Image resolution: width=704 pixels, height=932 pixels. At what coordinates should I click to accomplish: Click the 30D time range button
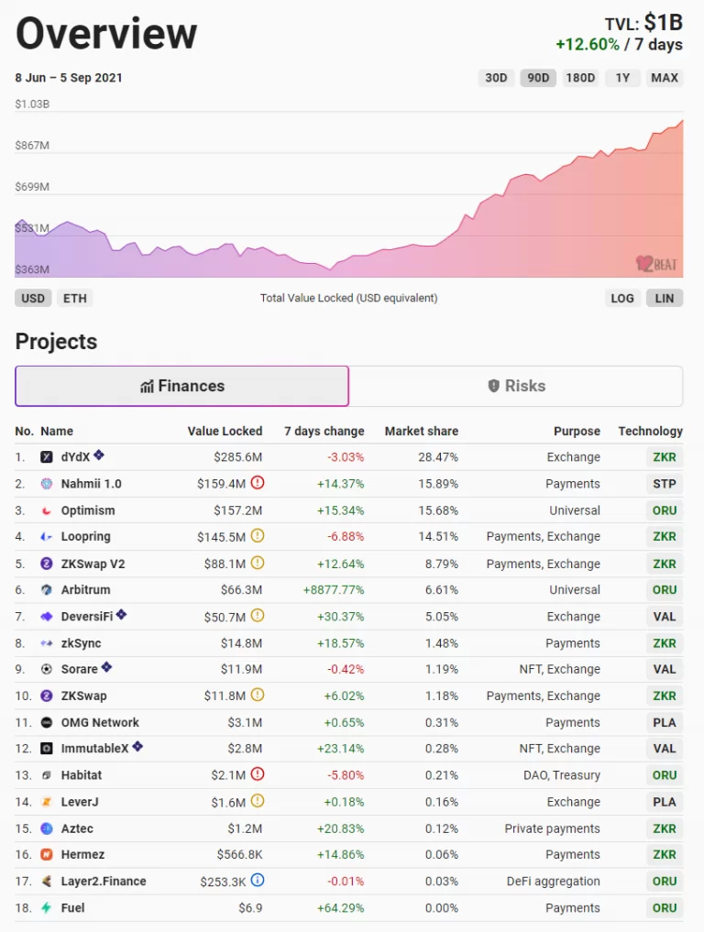[x=496, y=78]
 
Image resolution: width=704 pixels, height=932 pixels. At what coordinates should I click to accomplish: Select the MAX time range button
[x=665, y=78]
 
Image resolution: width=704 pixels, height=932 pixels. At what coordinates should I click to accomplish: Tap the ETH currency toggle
[x=74, y=298]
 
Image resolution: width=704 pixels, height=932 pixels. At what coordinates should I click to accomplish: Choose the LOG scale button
[x=622, y=298]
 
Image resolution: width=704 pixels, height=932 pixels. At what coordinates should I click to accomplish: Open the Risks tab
[x=516, y=386]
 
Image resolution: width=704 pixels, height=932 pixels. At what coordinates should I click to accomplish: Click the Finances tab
[x=181, y=386]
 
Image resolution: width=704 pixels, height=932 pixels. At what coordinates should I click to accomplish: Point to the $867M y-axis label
[x=32, y=146]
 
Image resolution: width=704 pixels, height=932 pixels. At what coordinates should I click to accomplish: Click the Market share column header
[x=421, y=431]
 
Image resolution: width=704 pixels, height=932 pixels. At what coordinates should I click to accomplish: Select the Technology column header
[x=650, y=431]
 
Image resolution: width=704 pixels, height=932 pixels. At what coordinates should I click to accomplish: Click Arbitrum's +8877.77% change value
[x=334, y=590]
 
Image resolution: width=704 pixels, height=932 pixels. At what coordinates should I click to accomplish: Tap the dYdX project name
[x=75, y=457]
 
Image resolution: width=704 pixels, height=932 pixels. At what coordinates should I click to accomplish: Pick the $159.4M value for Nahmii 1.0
[x=221, y=484]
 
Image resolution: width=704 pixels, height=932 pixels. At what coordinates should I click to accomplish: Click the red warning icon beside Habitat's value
[x=258, y=774]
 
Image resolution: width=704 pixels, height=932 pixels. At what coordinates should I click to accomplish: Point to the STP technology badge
[x=665, y=484]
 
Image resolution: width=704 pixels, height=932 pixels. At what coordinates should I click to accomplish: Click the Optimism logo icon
[x=47, y=510]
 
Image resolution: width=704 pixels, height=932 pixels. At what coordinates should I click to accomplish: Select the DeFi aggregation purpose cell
[x=554, y=882]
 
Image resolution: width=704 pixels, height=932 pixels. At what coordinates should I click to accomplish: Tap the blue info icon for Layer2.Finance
[x=258, y=881]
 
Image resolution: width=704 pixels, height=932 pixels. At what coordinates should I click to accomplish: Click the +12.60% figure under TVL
[x=588, y=45]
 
